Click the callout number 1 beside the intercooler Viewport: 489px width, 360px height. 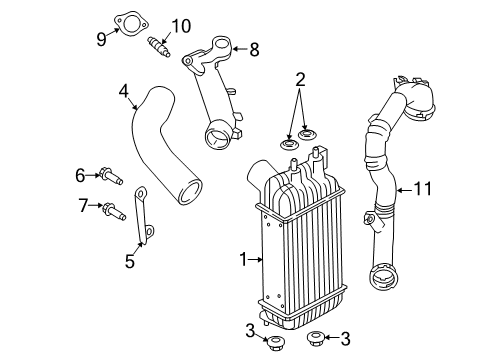(x=241, y=260)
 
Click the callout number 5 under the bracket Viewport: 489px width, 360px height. (x=129, y=262)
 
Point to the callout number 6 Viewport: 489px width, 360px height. (x=81, y=175)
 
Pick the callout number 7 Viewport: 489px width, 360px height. (x=82, y=206)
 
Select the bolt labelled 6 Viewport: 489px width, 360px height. (x=108, y=177)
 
